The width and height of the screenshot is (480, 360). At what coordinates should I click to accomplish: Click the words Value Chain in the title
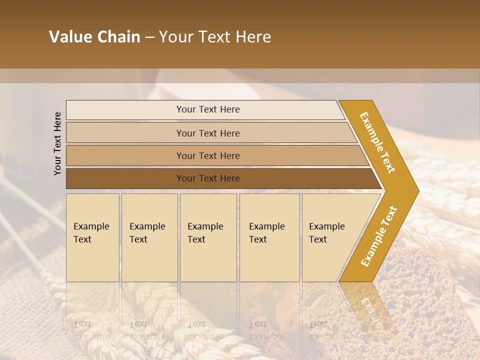coord(94,37)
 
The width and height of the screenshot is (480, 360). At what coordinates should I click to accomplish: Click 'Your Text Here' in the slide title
coord(215,37)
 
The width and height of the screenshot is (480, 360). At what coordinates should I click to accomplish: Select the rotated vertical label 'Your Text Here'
coord(57,143)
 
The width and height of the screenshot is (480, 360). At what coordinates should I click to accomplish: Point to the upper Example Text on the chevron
coord(377,142)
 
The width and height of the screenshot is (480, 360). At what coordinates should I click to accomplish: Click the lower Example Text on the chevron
coord(378,236)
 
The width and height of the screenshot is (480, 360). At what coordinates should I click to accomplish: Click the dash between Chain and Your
coord(149,37)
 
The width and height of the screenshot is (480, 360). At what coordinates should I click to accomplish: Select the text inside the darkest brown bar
coord(208,178)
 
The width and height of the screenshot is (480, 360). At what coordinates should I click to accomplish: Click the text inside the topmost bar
coord(208,109)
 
